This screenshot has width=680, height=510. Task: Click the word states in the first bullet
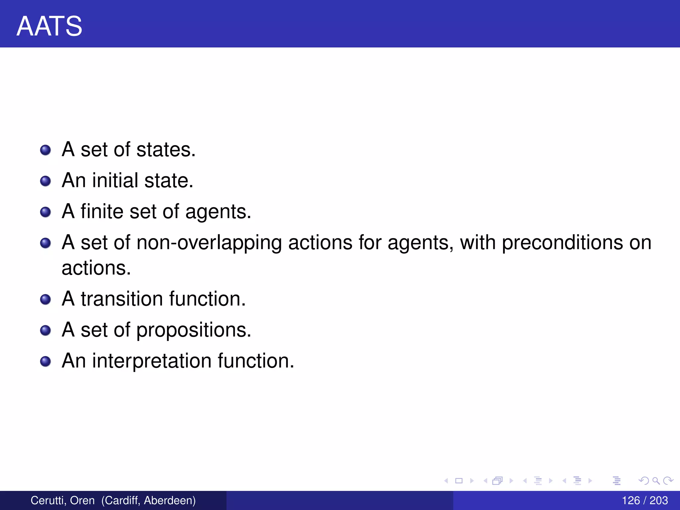pyautogui.click(x=166, y=149)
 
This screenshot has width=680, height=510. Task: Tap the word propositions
pyautogui.click(x=194, y=330)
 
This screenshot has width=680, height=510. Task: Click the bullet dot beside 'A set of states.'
pyautogui.click(x=45, y=150)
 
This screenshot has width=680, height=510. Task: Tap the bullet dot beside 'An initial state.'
pyautogui.click(x=45, y=181)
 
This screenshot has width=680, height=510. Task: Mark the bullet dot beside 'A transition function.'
pyautogui.click(x=45, y=299)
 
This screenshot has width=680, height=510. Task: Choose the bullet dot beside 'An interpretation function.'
pyautogui.click(x=45, y=361)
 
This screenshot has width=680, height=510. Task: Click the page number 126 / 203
pyautogui.click(x=644, y=500)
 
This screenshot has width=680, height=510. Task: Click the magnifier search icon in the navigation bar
pyautogui.click(x=656, y=480)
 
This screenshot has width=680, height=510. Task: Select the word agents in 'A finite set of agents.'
pyautogui.click(x=218, y=212)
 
